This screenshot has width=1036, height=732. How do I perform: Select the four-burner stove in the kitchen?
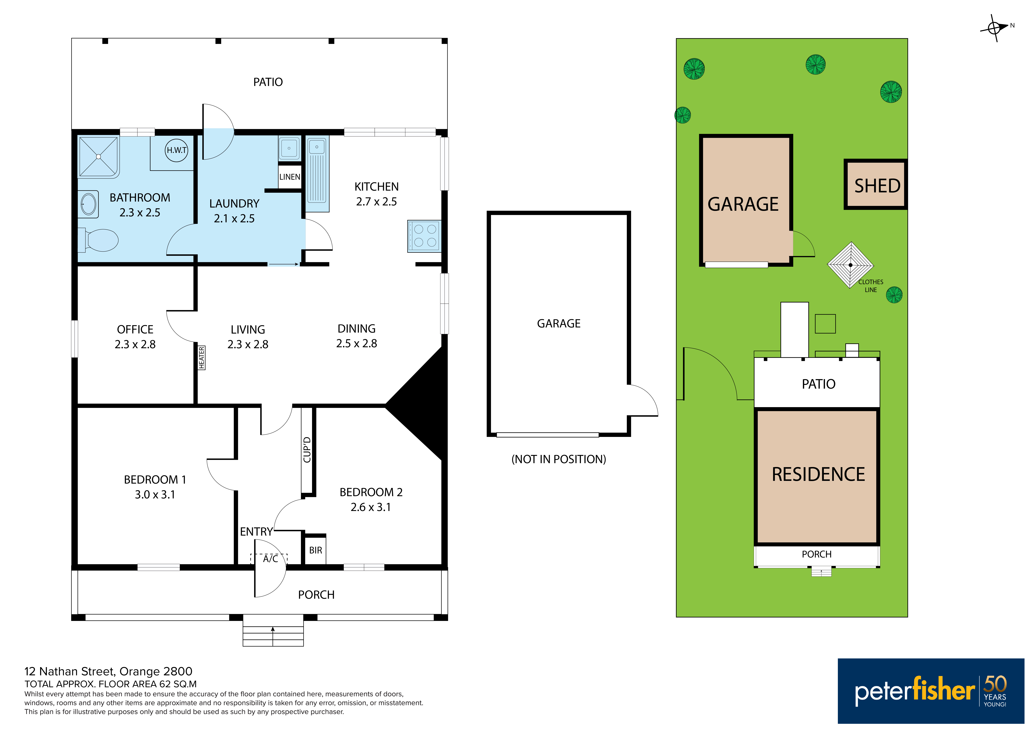point(424,236)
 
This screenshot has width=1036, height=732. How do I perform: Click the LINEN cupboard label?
point(290,177)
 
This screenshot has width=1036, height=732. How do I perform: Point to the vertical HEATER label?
point(202,358)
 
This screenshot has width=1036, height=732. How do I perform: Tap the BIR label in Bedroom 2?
point(316,550)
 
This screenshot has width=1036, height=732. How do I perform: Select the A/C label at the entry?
point(270,559)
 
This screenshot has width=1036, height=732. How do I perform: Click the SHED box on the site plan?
point(876,184)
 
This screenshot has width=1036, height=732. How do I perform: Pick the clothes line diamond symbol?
point(851,265)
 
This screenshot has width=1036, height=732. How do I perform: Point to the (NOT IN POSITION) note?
point(559,459)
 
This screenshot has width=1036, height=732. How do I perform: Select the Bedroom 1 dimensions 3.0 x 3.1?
point(155,495)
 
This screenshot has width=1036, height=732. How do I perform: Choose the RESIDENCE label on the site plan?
point(818,474)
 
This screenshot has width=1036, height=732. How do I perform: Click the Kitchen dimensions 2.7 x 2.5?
point(376,202)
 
